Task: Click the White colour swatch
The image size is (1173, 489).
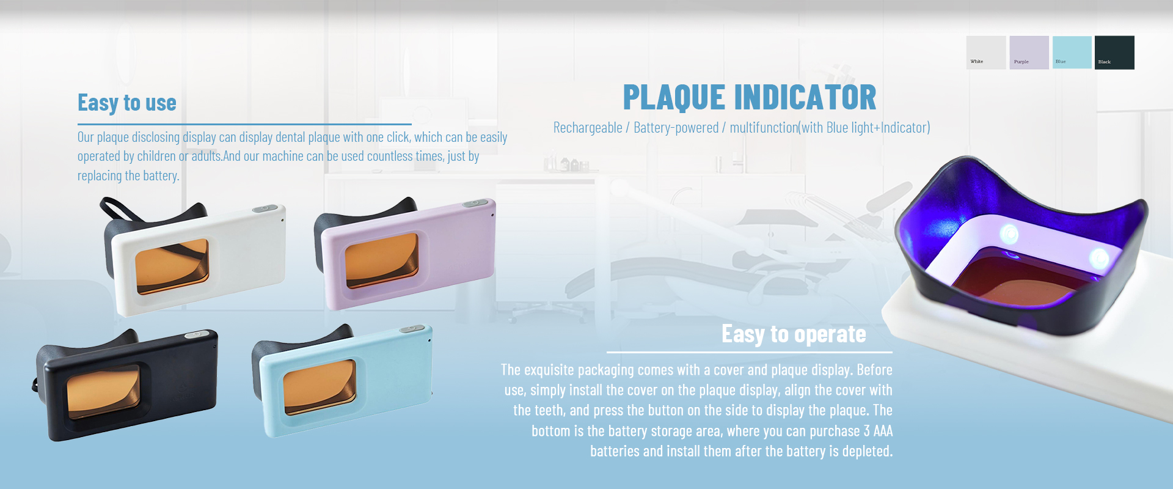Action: (x=985, y=53)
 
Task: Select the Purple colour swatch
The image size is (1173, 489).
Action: (x=1029, y=53)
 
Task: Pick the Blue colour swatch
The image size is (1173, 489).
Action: (x=1072, y=53)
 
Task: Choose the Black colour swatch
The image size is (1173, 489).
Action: (x=1114, y=53)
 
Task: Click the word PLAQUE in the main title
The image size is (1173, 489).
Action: (x=674, y=97)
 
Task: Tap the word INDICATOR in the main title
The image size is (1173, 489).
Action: (x=805, y=97)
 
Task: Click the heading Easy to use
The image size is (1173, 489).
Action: (x=126, y=103)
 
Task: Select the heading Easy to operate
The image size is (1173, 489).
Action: (x=794, y=334)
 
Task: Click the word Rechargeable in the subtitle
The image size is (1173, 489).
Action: (x=588, y=128)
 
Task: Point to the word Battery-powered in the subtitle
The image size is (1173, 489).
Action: (x=676, y=128)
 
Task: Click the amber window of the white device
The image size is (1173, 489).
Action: (x=172, y=266)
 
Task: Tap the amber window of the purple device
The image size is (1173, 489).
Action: (x=382, y=260)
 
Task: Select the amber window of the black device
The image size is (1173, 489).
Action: (x=103, y=392)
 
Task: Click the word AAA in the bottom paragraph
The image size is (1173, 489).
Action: (x=883, y=431)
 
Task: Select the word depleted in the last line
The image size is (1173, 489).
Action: (x=868, y=452)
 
